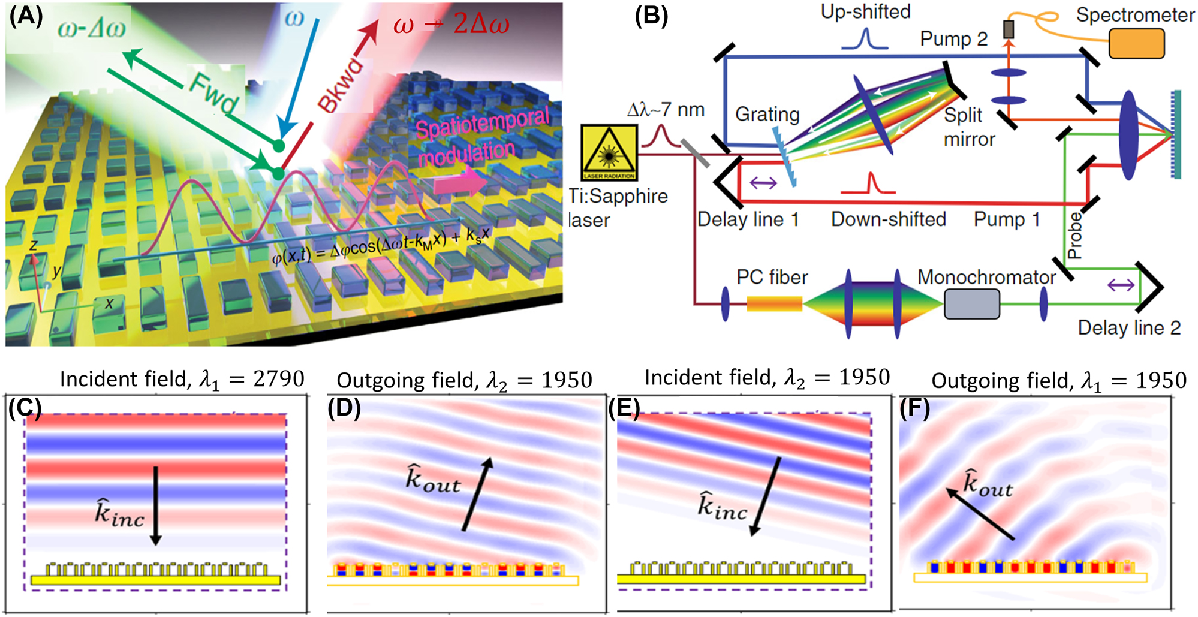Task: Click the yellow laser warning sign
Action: (x=609, y=152)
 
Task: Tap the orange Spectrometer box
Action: (x=1136, y=44)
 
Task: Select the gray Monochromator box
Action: (x=971, y=304)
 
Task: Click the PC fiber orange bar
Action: (x=774, y=304)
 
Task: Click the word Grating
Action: (x=767, y=114)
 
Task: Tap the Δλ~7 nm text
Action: (x=666, y=110)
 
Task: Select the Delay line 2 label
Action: (x=1128, y=328)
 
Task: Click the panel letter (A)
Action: (x=26, y=16)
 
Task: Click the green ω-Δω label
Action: (x=91, y=28)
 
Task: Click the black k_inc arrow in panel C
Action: (x=156, y=505)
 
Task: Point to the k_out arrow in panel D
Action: (x=477, y=494)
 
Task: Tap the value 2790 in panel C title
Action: (x=279, y=379)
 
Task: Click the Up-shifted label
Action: (x=865, y=11)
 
